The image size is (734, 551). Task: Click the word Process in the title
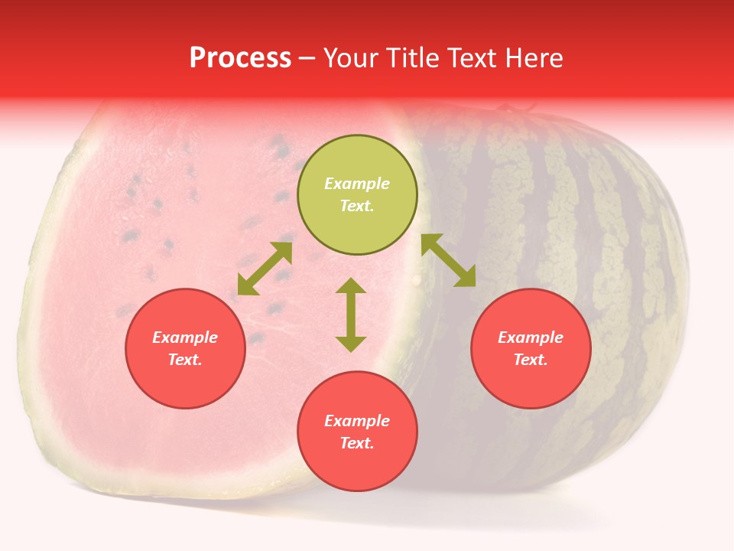pyautogui.click(x=240, y=58)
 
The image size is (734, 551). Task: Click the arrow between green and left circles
pyautogui.click(x=265, y=269)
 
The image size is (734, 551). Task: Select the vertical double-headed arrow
pyautogui.click(x=351, y=315)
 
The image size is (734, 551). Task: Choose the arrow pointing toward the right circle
pyautogui.click(x=448, y=260)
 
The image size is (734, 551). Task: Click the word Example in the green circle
pyautogui.click(x=357, y=184)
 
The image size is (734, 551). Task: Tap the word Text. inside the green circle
pyautogui.click(x=357, y=206)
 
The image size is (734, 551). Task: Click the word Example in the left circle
pyautogui.click(x=185, y=337)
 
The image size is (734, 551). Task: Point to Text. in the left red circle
pyautogui.click(x=185, y=360)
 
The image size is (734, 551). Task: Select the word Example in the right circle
pyautogui.click(x=531, y=337)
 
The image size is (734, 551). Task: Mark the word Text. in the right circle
pyautogui.click(x=531, y=360)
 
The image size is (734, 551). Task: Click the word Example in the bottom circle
pyautogui.click(x=357, y=421)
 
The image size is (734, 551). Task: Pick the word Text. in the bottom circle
pyautogui.click(x=357, y=443)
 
